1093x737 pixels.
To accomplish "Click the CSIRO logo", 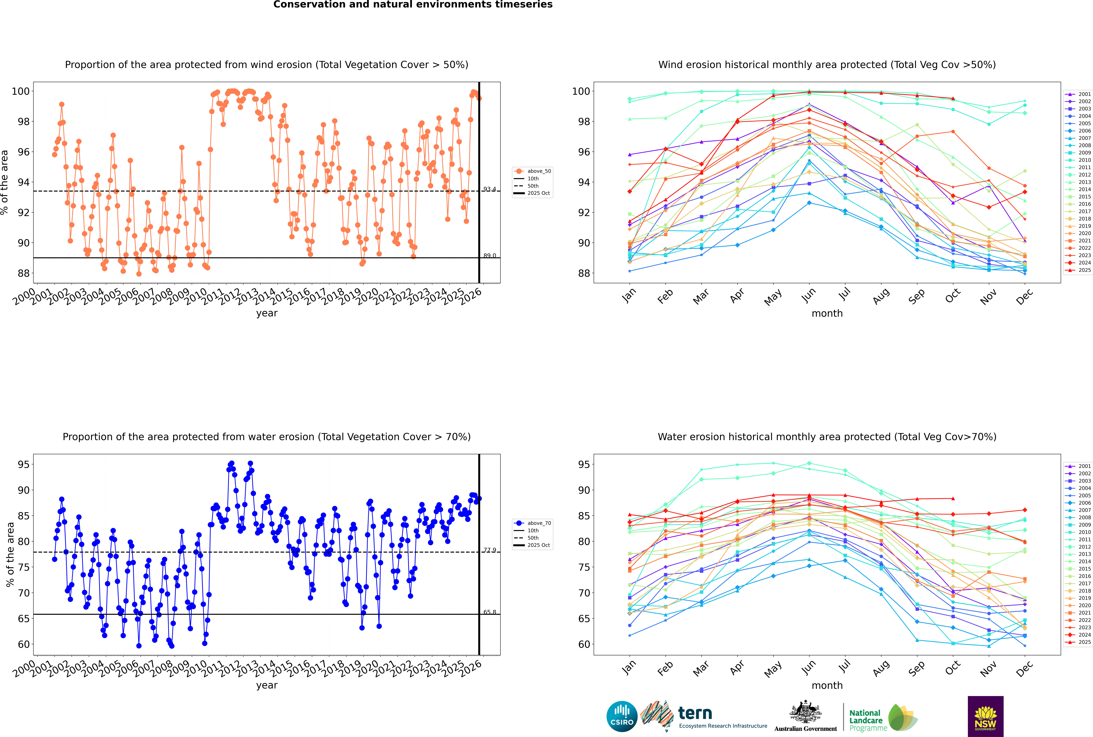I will pos(622,716).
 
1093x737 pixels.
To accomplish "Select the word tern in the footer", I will pos(695,714).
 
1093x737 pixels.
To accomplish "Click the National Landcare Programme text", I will pos(866,720).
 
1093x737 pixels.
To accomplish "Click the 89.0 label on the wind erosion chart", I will pos(490,256).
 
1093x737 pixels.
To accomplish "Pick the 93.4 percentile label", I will pos(490,189).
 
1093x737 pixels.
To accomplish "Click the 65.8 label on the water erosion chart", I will pos(490,612).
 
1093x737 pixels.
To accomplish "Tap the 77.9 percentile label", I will pos(490,550).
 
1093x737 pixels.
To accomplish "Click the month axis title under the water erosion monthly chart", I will pos(827,685).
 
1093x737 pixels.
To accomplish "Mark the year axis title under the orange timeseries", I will pos(267,313).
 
